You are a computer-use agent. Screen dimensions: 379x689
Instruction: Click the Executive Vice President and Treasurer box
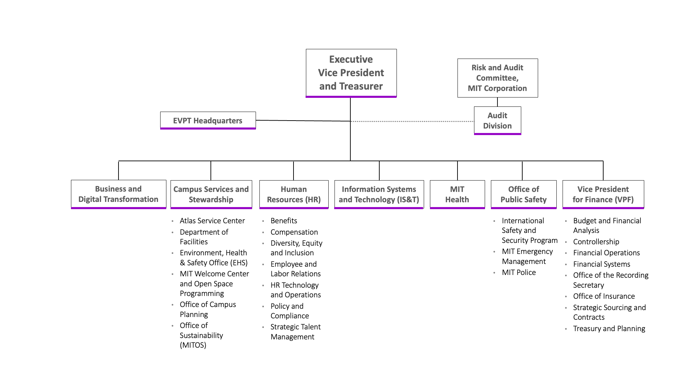(x=351, y=73)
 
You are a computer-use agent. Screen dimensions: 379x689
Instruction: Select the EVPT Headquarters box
(x=208, y=121)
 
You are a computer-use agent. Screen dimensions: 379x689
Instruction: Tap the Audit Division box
(x=497, y=121)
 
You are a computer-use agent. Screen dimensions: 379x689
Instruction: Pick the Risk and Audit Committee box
(x=497, y=78)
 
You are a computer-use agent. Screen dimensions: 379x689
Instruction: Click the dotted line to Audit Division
(x=413, y=121)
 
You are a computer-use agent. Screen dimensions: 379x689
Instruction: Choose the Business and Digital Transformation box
(x=118, y=194)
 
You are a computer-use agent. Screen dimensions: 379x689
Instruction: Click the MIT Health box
(x=457, y=194)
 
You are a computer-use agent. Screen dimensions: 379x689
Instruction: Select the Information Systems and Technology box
(x=379, y=194)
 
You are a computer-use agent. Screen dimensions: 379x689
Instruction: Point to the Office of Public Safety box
(x=523, y=194)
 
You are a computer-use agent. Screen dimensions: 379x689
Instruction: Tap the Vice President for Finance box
(x=603, y=194)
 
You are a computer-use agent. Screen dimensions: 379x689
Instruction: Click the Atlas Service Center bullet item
(x=212, y=221)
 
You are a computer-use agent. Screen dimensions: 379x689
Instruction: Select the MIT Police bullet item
(x=519, y=272)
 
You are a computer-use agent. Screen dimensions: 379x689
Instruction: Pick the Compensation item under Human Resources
(x=294, y=232)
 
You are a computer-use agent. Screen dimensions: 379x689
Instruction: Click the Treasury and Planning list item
(x=609, y=328)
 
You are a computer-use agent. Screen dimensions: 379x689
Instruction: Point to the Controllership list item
(x=596, y=242)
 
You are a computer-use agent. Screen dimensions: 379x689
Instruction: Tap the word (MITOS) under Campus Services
(x=193, y=345)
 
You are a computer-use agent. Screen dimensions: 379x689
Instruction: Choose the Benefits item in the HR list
(x=284, y=221)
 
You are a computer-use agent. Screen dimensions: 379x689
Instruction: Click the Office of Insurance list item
(x=604, y=296)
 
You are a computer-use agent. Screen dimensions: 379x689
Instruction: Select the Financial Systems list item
(x=601, y=264)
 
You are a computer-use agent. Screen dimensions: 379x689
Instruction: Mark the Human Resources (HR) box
(x=294, y=194)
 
